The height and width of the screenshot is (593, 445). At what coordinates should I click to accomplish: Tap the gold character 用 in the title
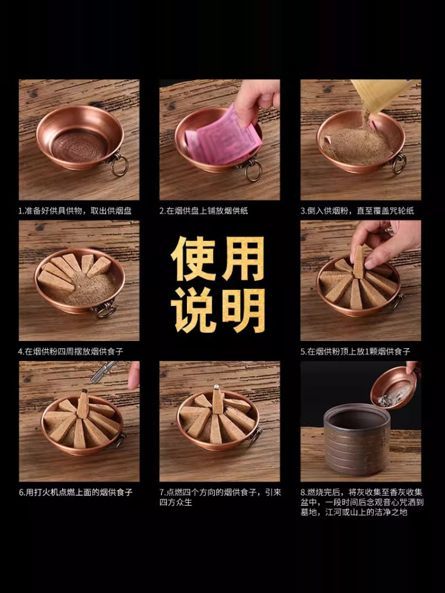(243, 260)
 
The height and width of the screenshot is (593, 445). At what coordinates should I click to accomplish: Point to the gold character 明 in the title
(243, 310)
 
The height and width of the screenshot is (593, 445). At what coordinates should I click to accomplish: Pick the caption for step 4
(71, 352)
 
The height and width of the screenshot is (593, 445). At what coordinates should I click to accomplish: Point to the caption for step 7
(220, 497)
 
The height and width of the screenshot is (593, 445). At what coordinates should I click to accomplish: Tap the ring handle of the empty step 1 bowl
(119, 165)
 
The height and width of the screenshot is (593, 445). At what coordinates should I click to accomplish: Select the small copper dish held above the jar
(393, 387)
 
